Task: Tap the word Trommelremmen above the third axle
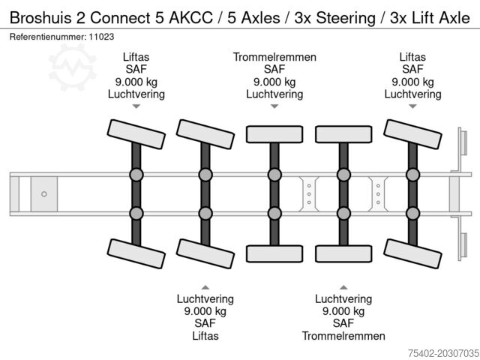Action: point(274,57)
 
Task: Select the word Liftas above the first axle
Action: point(136,57)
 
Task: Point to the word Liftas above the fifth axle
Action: point(412,57)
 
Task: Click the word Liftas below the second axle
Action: point(205,336)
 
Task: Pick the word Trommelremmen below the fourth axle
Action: point(343,336)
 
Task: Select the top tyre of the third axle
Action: point(274,133)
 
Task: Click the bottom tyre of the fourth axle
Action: point(343,253)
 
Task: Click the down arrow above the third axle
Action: point(274,106)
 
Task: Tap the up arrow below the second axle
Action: point(205,286)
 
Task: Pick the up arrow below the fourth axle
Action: point(343,286)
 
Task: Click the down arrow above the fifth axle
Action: point(412,106)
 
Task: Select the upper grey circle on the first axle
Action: point(136,175)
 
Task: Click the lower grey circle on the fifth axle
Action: point(412,213)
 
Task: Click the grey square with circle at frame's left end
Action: point(44,194)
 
